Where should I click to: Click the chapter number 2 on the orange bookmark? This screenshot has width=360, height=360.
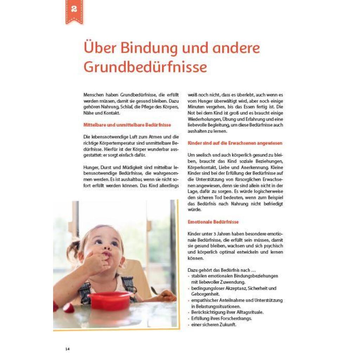74,9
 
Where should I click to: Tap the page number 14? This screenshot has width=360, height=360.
67,349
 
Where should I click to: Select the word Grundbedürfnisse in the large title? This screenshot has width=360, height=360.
145,67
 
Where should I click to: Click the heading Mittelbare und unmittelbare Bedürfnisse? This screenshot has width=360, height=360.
127,125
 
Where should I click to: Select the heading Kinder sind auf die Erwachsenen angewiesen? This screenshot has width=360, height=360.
235,143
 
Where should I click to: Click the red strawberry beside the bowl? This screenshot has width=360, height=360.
69,308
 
